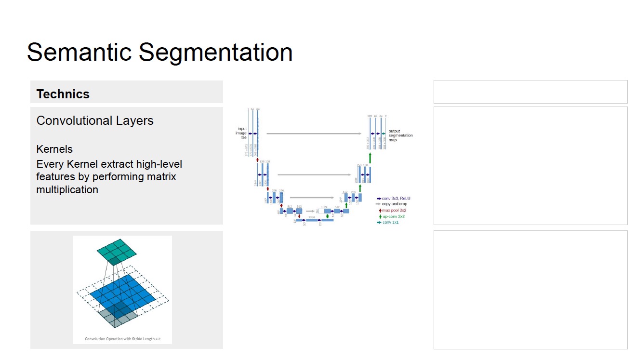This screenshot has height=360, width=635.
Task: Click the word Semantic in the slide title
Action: point(79,52)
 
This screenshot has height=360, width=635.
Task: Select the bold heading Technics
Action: point(63,94)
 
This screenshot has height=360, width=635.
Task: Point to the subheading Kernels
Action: point(54,149)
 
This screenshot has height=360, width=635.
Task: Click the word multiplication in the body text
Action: point(67,189)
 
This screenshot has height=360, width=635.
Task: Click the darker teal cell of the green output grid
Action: point(114,261)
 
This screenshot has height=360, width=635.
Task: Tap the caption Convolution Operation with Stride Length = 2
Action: point(122,339)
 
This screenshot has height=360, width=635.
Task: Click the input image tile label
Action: point(241,133)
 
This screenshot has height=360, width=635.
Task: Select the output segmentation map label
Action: point(400,135)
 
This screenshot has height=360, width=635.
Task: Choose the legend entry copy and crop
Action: point(394,204)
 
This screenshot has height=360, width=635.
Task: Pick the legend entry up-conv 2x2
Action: point(394,216)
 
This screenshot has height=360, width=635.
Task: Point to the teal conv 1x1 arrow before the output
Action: point(384,133)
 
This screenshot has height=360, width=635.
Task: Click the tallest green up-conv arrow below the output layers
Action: point(370,158)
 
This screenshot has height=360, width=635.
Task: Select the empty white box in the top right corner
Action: point(530,92)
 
